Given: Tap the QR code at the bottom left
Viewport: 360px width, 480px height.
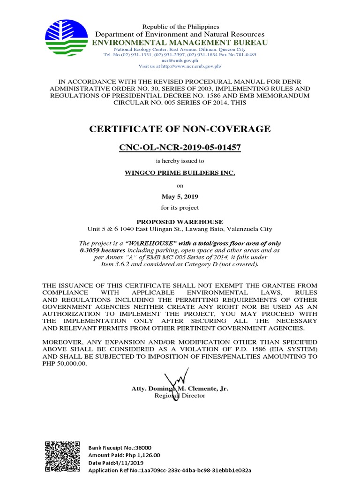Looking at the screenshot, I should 62,457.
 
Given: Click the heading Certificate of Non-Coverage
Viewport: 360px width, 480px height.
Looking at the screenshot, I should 180,129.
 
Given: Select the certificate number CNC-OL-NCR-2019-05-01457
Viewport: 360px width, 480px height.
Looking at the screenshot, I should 180,147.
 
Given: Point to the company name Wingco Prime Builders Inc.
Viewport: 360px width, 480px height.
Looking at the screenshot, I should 180,173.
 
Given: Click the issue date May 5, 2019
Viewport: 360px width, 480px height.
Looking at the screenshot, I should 180,196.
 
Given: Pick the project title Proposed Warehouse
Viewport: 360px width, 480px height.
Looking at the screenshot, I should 180,222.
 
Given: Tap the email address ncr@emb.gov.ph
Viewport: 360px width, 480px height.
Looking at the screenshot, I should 180,60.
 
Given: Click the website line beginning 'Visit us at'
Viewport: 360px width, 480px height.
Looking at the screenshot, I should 180,66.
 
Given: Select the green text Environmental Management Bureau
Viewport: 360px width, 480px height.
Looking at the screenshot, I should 180,43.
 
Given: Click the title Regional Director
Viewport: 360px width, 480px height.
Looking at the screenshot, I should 180,396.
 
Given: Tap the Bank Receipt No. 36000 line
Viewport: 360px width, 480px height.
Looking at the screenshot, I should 120,448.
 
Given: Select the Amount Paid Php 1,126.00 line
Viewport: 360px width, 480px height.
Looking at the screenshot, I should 124,455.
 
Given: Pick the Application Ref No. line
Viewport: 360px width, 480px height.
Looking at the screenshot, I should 170,470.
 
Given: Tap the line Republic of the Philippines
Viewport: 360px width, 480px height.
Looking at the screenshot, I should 180,27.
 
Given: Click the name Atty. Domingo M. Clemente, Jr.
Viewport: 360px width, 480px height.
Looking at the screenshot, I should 180,389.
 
